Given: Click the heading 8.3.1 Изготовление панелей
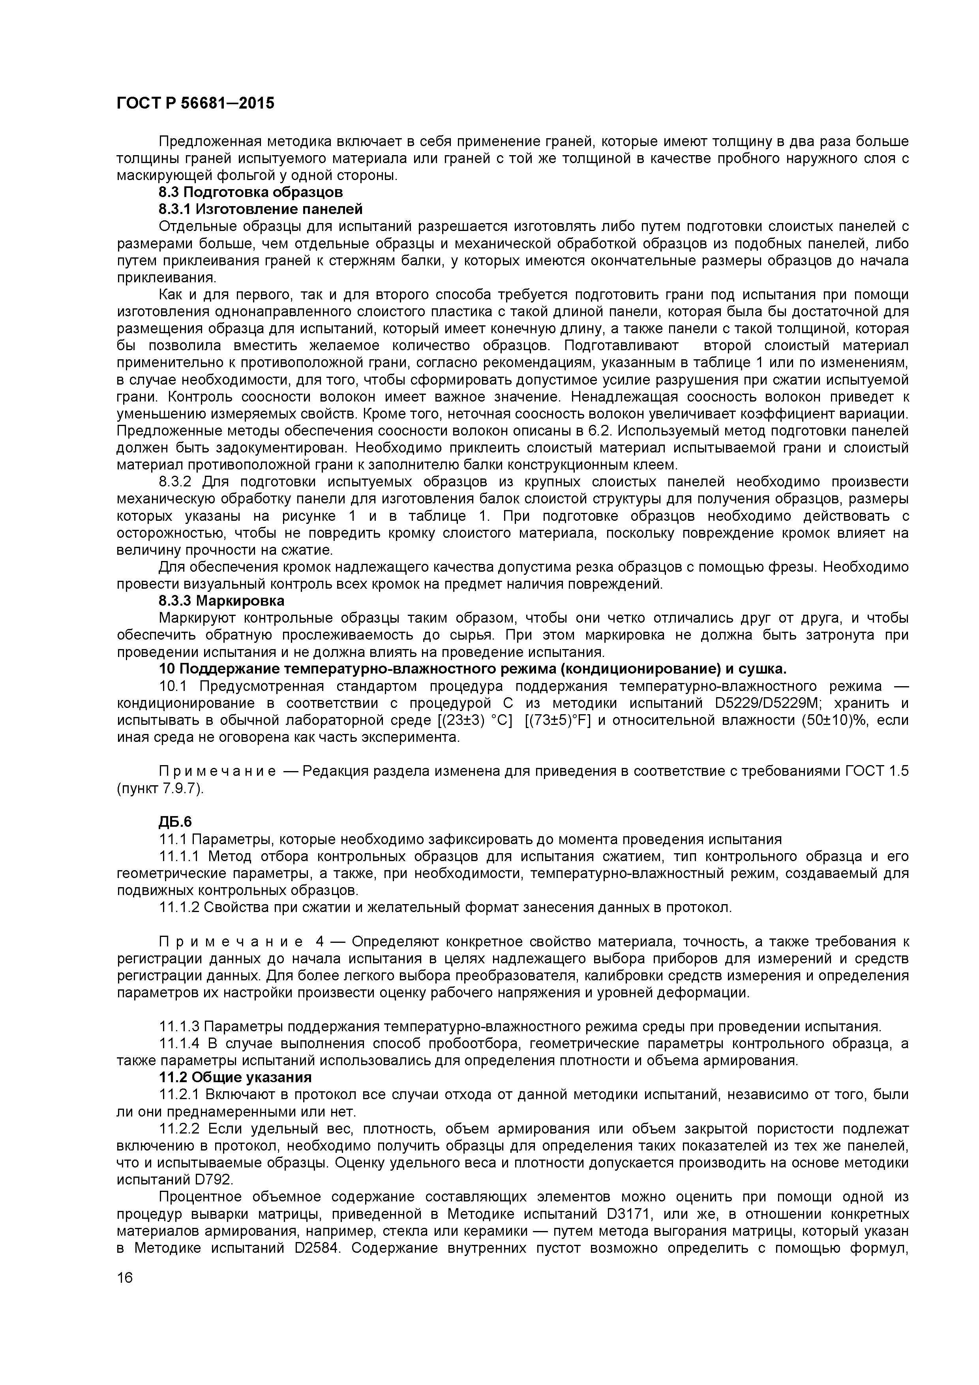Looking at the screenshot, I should (x=261, y=209).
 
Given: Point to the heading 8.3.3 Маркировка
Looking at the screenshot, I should (x=221, y=601).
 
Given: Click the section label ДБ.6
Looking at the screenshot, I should (x=175, y=822).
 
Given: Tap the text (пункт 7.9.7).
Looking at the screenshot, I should (x=160, y=788).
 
